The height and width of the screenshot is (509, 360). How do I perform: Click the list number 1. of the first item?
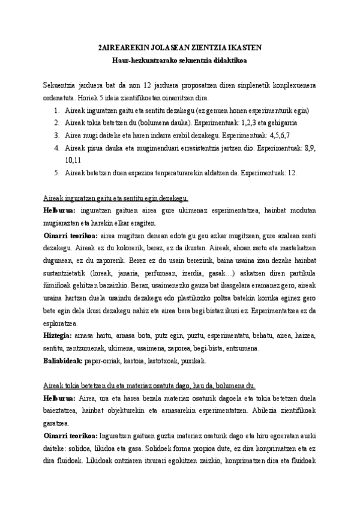(x=56, y=110)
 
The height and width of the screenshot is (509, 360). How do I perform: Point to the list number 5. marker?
(x=56, y=172)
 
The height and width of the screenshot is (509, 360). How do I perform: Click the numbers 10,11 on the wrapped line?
(x=74, y=160)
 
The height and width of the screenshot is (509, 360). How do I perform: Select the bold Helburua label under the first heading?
(x=59, y=211)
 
